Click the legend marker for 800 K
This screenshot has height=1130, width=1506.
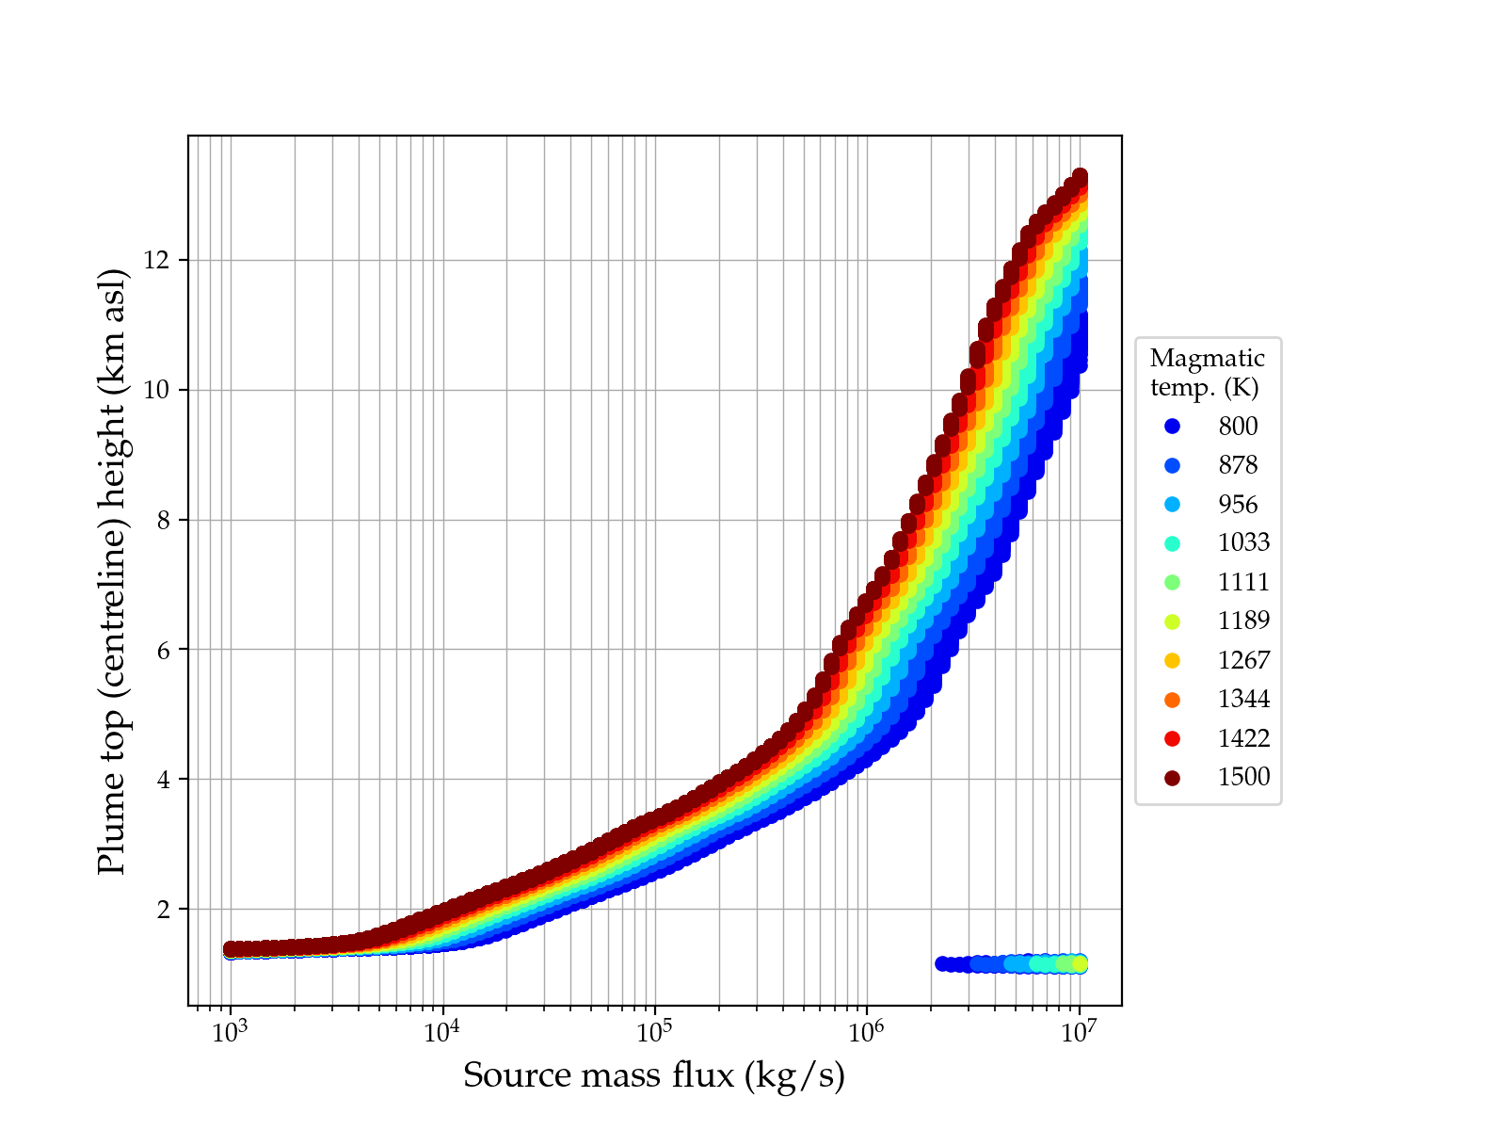click(x=1172, y=427)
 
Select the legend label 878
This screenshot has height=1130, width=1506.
click(x=1238, y=465)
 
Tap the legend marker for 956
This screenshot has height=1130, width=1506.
click(x=1172, y=505)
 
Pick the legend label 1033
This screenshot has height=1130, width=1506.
click(x=1243, y=543)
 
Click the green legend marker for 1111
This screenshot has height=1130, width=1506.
click(x=1172, y=583)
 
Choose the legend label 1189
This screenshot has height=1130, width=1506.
click(x=1243, y=621)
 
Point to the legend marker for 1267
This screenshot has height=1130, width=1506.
click(x=1172, y=661)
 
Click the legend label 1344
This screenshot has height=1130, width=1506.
click(x=1243, y=700)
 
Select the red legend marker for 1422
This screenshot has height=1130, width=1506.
click(x=1172, y=739)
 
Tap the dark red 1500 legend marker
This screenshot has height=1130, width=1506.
click(x=1172, y=778)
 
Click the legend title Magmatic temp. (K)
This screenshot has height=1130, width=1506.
click(x=1207, y=373)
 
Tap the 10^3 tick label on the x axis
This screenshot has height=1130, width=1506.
click(x=230, y=1032)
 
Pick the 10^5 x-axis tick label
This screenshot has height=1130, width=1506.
click(x=654, y=1032)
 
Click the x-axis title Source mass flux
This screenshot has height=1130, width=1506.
click(x=654, y=1075)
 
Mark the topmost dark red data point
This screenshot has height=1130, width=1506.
click(x=1080, y=177)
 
